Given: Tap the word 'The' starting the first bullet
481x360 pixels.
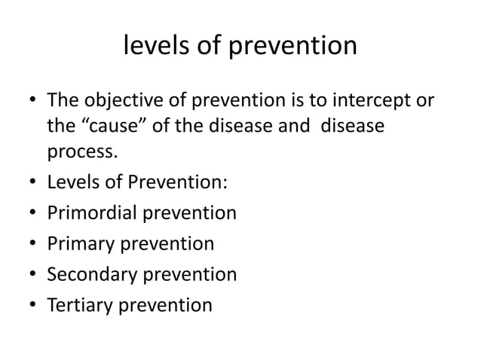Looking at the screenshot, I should coord(62,100).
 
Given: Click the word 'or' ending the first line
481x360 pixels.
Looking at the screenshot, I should coord(426,100).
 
